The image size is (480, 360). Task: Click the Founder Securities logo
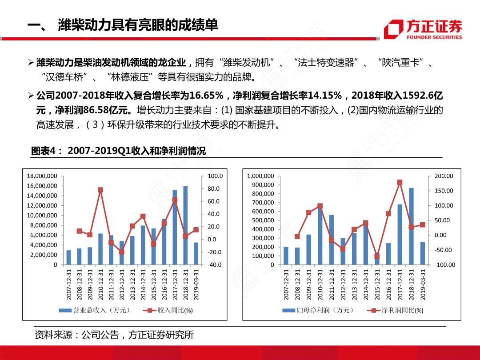click(423, 29)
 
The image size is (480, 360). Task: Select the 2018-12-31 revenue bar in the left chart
click(185, 225)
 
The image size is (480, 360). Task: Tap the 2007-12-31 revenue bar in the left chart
click(68, 257)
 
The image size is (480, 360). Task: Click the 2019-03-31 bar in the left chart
click(196, 253)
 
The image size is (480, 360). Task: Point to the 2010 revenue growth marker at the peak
click(100, 190)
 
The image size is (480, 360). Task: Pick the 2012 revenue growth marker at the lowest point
click(121, 252)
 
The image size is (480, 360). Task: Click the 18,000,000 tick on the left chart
click(42, 176)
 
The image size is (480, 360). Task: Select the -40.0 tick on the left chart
click(214, 265)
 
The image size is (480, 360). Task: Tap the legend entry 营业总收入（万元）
click(95, 310)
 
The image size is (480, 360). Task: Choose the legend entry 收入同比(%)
click(168, 310)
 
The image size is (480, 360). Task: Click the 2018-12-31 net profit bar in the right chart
click(411, 226)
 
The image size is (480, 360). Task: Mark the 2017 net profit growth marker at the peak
click(400, 183)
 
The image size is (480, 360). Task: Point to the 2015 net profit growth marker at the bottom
click(377, 256)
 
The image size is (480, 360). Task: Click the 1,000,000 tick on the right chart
click(260, 176)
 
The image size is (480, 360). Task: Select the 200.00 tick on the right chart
click(444, 176)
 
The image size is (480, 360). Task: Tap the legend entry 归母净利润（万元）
click(318, 310)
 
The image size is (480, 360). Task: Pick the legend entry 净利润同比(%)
click(395, 310)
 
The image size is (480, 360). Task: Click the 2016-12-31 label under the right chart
click(388, 284)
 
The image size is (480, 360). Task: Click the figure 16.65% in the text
click(207, 96)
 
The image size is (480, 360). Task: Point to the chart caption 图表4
click(44, 151)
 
